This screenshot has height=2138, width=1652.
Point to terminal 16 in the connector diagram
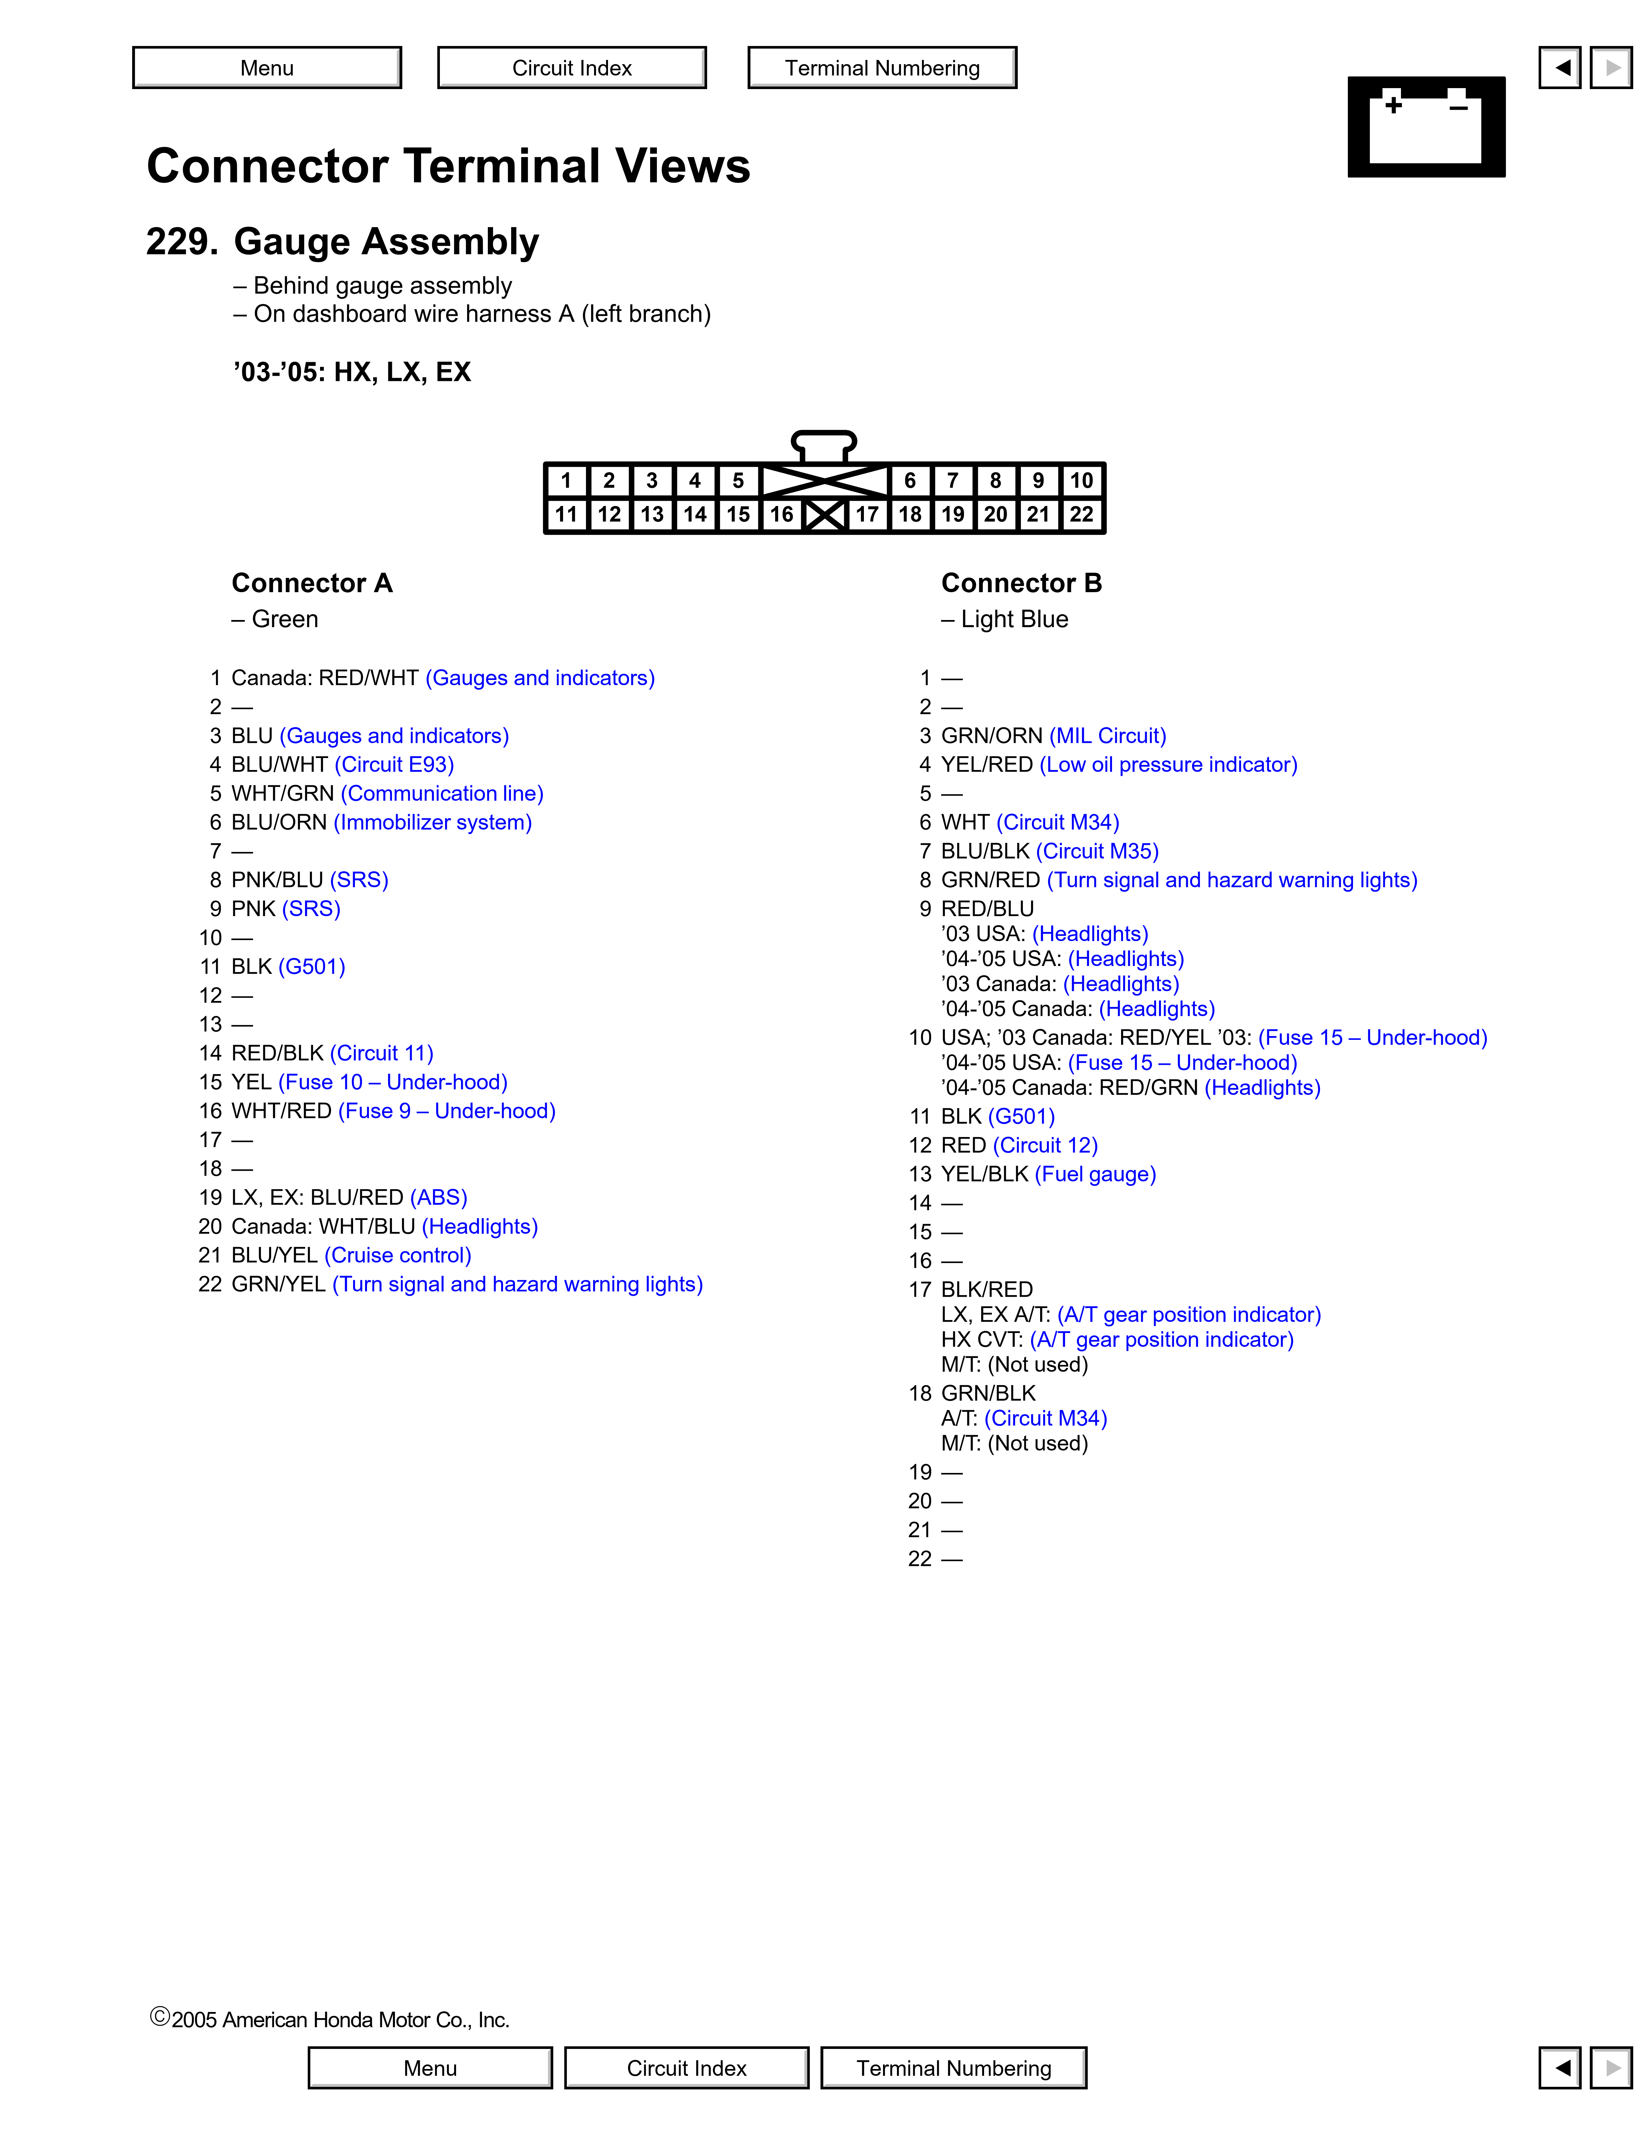click(781, 514)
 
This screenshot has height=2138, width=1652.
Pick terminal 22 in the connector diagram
click(1082, 514)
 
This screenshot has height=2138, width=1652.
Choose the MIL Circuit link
click(1108, 736)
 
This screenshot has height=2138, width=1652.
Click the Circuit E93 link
click(395, 764)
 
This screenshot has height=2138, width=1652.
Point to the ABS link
click(439, 1197)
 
